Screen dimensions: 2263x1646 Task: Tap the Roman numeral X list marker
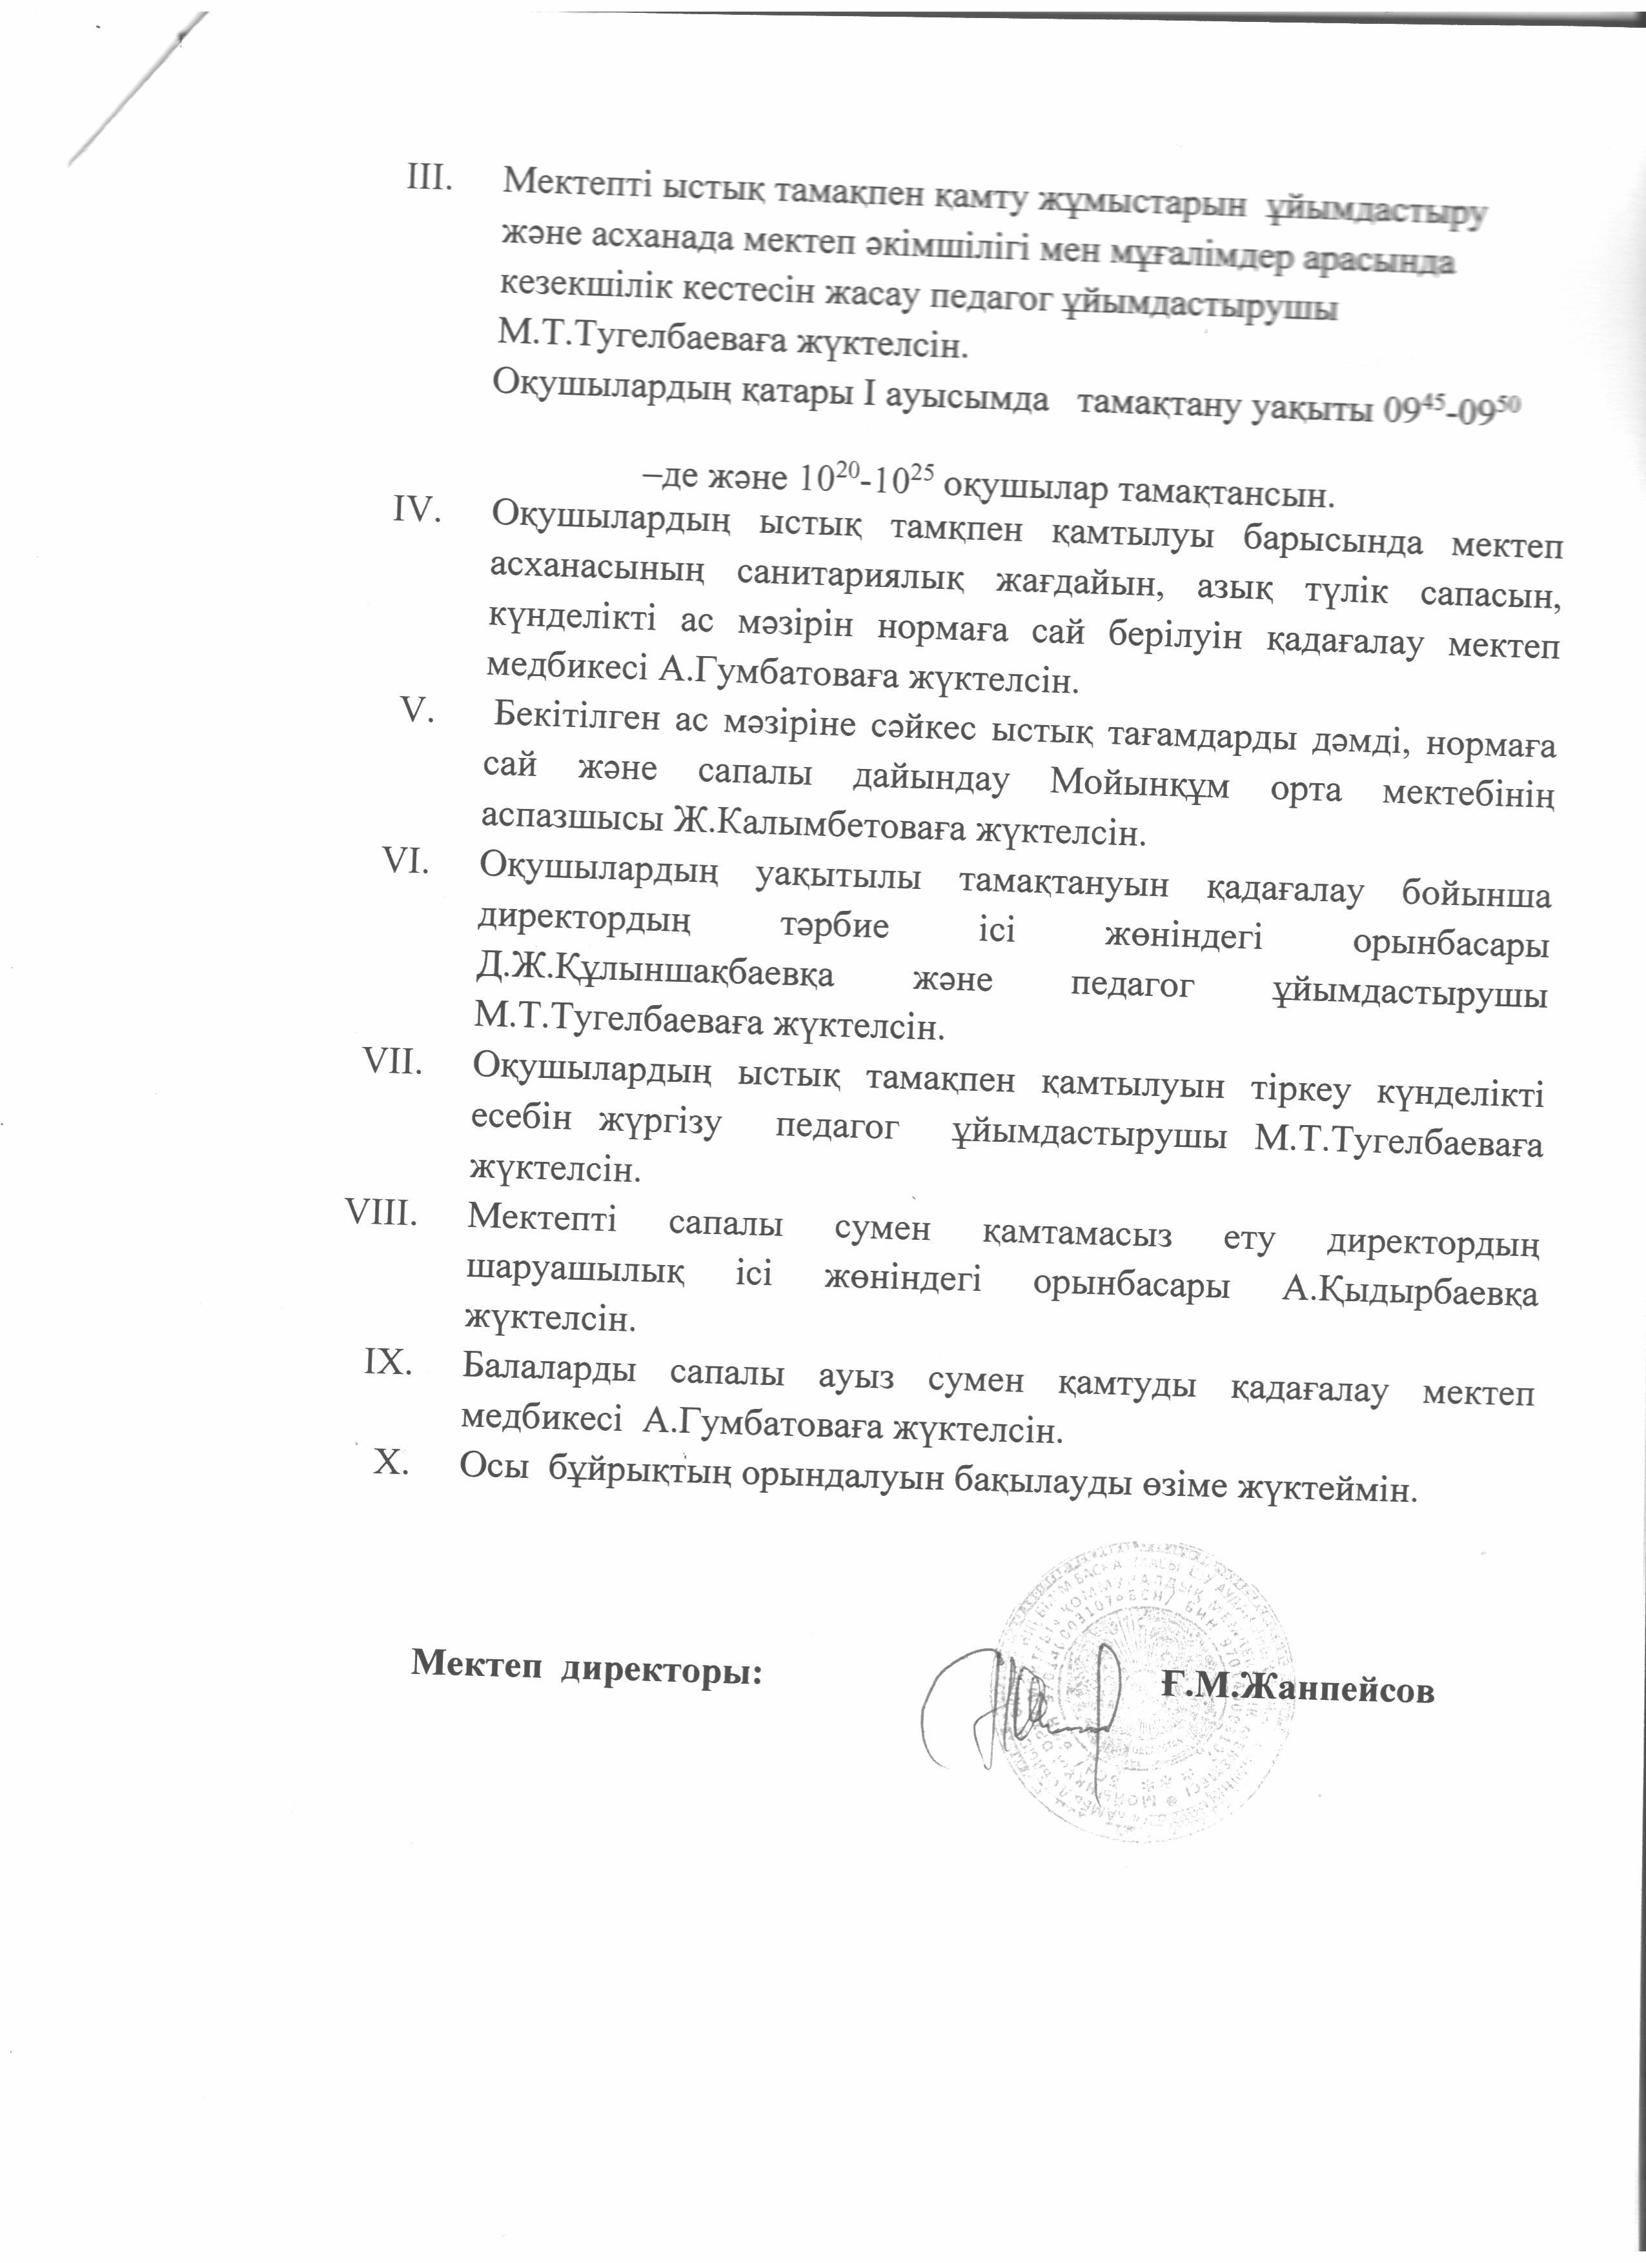click(391, 1462)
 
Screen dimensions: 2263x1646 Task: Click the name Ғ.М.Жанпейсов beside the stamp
click(1297, 1688)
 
